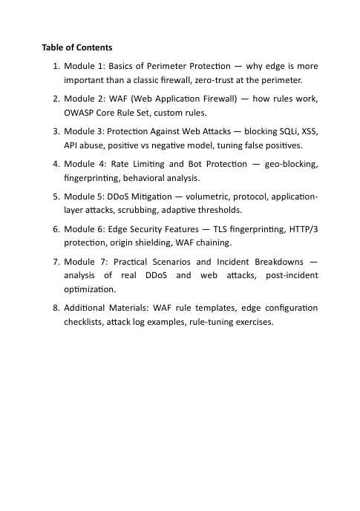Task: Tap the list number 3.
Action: [x=56, y=131]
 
